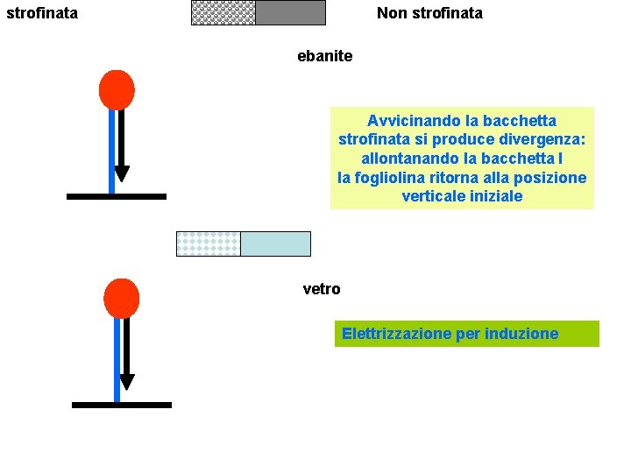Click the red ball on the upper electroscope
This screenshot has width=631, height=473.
[117, 89]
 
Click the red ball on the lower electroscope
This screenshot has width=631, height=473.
[121, 298]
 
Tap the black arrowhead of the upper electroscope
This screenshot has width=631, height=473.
[122, 173]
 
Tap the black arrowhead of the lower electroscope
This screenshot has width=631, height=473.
[127, 381]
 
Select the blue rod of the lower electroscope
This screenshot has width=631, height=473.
[117, 359]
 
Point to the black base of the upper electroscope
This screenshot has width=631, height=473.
[116, 196]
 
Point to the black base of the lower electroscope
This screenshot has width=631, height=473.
[121, 405]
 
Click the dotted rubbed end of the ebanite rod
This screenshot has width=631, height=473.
[223, 12]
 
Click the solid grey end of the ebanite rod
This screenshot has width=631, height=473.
[290, 12]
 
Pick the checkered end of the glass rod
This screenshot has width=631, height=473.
[209, 244]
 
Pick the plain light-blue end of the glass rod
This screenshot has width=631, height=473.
[275, 244]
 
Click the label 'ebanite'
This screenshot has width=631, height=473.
[324, 56]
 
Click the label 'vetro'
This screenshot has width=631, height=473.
[321, 289]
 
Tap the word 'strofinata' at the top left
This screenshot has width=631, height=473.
[41, 13]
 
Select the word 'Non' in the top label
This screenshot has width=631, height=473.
[392, 13]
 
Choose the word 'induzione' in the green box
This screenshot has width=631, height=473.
[522, 334]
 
